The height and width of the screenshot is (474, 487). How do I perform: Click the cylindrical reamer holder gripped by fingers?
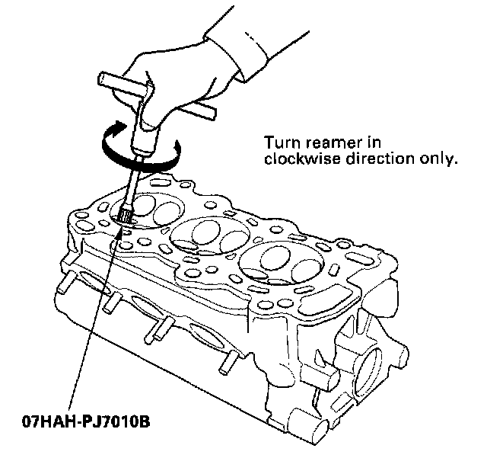tap(145, 137)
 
